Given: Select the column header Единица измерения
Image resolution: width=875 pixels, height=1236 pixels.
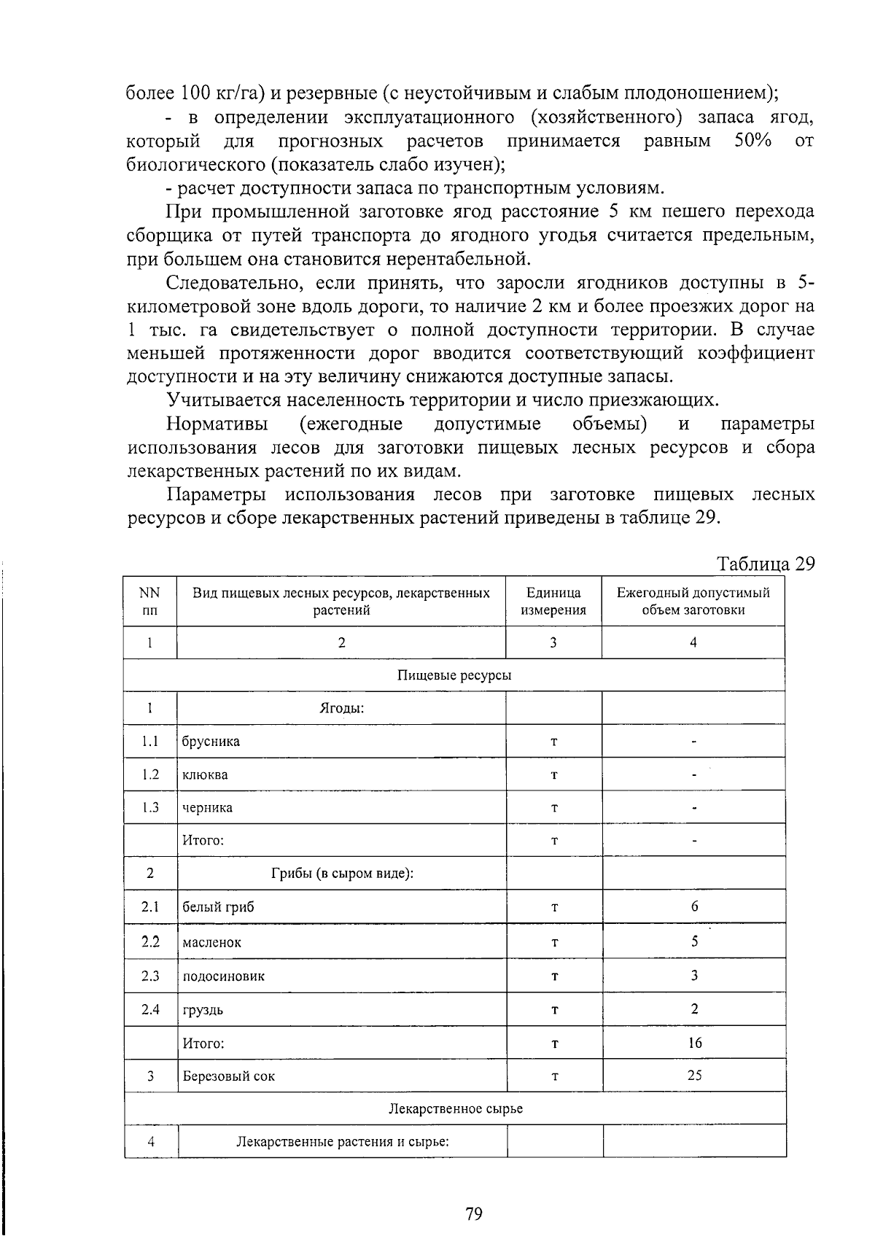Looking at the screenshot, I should [553, 602].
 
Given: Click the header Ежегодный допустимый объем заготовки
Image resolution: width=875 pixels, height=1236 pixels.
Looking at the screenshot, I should [693, 602].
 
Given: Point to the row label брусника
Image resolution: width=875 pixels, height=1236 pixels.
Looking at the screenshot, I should [211, 742].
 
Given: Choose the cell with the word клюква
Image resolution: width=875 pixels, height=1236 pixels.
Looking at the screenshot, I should [205, 774].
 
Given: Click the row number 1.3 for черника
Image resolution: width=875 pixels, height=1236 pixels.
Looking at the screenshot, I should [150, 807].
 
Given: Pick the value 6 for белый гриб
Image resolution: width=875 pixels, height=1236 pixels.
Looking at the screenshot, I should [694, 906].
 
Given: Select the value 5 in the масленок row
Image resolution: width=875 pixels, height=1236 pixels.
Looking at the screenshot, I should [694, 941].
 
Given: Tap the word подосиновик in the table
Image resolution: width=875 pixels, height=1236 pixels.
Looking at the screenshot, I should [223, 976].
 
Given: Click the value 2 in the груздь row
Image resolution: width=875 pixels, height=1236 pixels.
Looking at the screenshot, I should [694, 1009].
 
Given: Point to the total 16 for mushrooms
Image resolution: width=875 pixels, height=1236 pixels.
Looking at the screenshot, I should [694, 1043].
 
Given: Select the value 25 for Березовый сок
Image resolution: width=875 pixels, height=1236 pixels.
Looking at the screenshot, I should [694, 1076].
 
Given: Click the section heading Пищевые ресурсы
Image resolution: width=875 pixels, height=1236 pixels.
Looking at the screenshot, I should [454, 675].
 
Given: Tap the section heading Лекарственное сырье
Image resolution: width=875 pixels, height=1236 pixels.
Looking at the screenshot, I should [455, 1109].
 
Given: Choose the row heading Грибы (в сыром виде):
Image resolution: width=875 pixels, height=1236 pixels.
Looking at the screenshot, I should [342, 874].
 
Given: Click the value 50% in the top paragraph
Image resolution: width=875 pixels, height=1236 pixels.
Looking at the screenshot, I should [752, 140].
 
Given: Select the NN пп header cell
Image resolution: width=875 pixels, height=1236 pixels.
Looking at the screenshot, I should [149, 602].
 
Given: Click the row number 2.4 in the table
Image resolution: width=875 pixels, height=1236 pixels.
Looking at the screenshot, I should [150, 1009].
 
